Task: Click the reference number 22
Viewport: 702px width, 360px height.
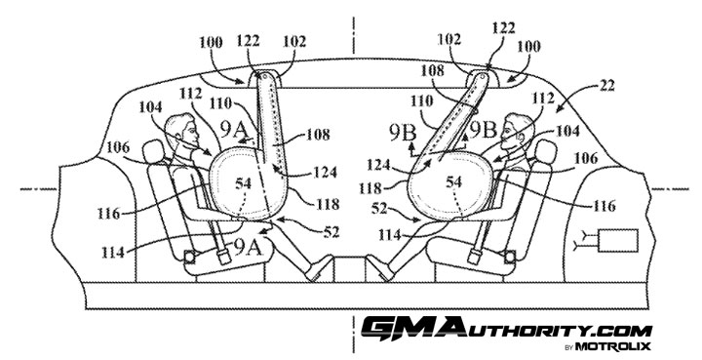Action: click(606, 86)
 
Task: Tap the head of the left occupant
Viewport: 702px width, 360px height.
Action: click(181, 130)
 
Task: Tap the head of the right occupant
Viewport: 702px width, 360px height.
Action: click(518, 130)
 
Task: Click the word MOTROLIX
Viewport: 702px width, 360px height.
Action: click(613, 345)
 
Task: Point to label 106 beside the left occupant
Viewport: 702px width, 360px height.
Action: click(118, 147)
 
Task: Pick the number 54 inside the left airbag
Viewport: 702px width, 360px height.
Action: click(243, 182)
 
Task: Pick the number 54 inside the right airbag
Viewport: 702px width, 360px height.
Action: click(453, 181)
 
